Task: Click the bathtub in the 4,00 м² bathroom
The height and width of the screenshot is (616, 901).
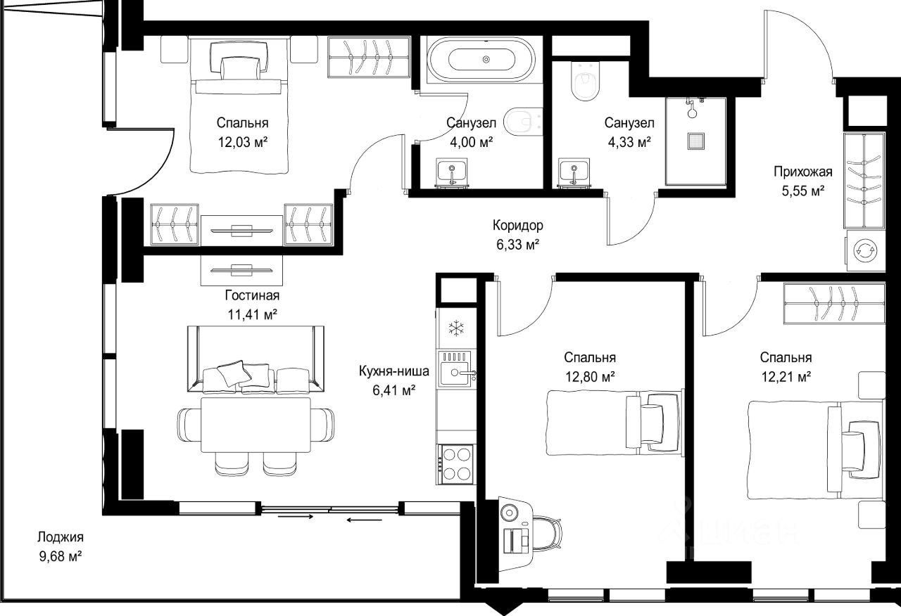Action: click(x=481, y=60)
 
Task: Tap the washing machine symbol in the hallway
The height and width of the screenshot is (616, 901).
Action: click(x=865, y=250)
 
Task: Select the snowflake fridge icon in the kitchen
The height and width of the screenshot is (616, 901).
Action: click(x=456, y=328)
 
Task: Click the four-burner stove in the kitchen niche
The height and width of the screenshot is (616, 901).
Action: click(x=457, y=464)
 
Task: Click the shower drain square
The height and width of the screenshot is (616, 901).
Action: click(x=695, y=141)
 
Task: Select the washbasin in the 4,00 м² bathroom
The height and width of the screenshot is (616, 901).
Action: click(x=452, y=173)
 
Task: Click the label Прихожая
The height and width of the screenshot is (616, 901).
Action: click(x=803, y=172)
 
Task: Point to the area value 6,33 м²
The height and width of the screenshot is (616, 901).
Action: click(x=517, y=244)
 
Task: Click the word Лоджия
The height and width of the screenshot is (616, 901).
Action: click(x=61, y=537)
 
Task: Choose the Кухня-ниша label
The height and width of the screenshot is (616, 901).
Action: click(x=393, y=371)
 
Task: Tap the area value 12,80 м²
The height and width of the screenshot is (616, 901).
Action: click(x=590, y=376)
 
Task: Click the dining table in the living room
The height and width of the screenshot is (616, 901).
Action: click(x=256, y=425)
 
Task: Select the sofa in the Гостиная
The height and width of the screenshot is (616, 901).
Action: click(x=256, y=359)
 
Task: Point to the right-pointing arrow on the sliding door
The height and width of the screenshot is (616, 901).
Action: click(x=296, y=517)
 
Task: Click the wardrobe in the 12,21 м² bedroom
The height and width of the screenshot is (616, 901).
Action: click(x=834, y=303)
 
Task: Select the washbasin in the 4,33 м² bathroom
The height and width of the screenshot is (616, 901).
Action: click(x=574, y=173)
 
